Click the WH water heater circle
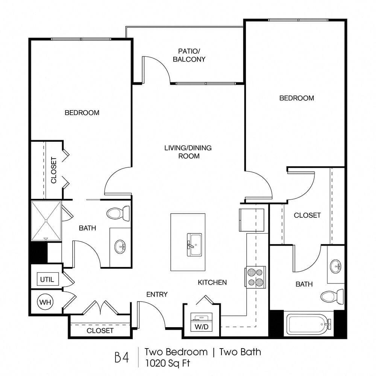(45, 302)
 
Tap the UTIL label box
(47, 279)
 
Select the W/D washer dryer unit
(202, 322)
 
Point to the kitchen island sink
(194, 245)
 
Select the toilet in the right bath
(332, 296)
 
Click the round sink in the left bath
(120, 246)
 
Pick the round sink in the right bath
(335, 266)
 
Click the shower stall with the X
(46, 221)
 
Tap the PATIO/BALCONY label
(189, 55)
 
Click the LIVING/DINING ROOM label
(188, 152)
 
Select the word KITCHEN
(212, 282)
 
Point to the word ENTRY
(157, 294)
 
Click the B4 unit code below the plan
(122, 357)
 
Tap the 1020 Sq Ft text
(167, 363)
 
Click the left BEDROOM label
(82, 113)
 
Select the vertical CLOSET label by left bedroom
(54, 170)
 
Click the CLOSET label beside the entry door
(100, 331)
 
